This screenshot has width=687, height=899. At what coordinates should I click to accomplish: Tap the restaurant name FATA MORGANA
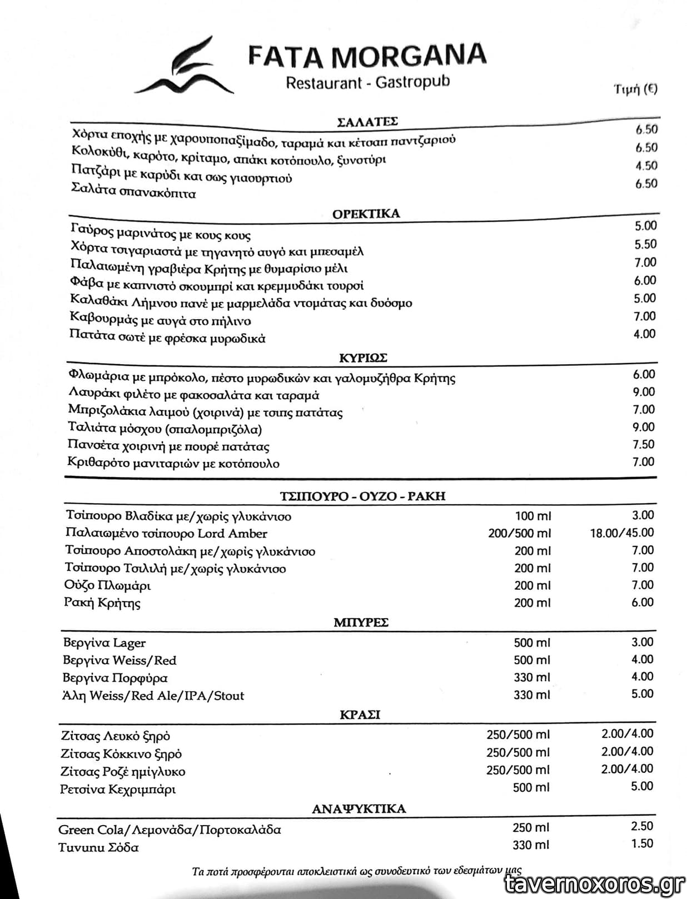367,55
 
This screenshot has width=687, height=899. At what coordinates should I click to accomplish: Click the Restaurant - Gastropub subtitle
367,83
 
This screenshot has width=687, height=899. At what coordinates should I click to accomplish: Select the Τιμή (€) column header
635,89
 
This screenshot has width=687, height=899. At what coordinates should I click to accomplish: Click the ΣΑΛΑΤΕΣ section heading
367,122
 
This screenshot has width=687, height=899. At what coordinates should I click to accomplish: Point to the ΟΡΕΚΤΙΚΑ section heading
366,213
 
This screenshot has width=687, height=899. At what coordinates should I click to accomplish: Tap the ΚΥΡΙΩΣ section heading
363,357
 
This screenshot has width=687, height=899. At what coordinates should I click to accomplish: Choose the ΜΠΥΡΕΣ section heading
361,622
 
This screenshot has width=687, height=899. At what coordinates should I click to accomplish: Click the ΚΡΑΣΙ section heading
360,714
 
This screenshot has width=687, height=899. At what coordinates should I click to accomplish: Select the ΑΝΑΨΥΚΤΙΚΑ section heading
359,808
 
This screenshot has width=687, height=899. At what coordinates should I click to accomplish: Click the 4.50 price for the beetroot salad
646,166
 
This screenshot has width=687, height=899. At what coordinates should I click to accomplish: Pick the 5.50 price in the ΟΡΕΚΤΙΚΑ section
645,244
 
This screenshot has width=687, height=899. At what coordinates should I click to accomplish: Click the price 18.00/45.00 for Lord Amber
622,533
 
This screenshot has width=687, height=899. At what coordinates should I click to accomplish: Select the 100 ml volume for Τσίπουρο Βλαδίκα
533,516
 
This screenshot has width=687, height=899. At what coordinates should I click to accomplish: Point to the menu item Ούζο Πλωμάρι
107,585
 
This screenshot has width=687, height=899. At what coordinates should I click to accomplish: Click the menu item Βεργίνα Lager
104,643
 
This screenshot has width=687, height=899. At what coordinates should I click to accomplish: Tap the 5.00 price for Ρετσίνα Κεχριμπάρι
642,786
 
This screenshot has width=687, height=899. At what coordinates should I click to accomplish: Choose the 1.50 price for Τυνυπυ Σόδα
642,843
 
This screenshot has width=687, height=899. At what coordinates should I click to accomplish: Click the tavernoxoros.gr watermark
595,883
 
